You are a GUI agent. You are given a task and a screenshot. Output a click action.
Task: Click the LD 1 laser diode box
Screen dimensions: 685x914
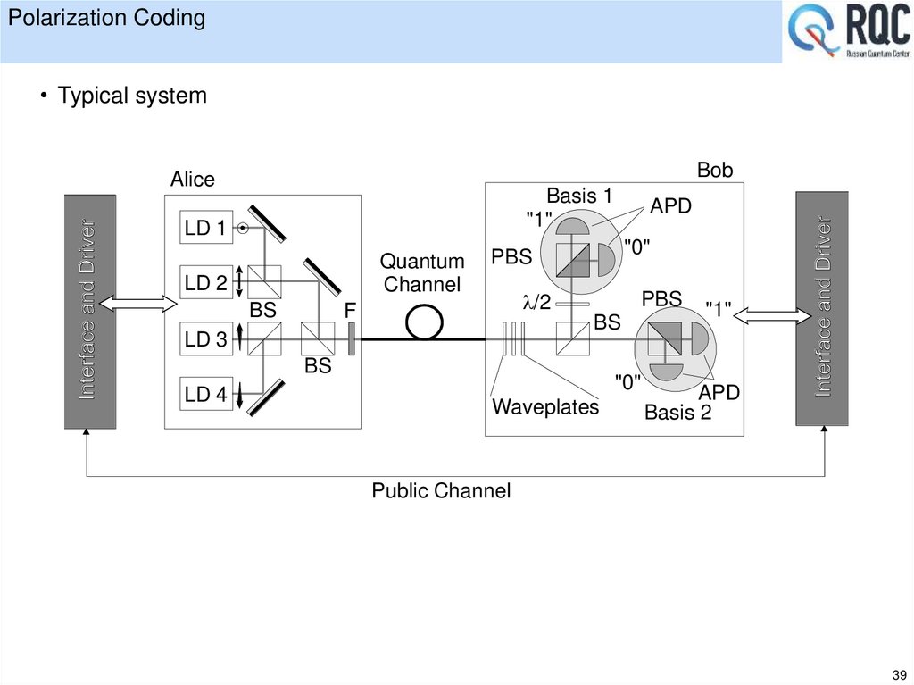pyautogui.click(x=205, y=229)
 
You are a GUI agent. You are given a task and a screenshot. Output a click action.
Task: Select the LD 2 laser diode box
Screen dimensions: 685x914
pyautogui.click(x=205, y=284)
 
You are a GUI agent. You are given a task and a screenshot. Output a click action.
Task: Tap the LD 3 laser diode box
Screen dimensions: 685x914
pyautogui.click(x=205, y=339)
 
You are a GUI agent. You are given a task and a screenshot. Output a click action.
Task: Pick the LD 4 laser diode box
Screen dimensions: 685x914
pyautogui.click(x=205, y=395)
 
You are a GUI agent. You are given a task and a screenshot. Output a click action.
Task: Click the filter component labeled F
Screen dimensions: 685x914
pyautogui.click(x=351, y=339)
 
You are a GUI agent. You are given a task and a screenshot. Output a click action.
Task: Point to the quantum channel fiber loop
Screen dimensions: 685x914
pyautogui.click(x=424, y=323)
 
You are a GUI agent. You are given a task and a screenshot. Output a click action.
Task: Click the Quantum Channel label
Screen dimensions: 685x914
pyautogui.click(x=422, y=273)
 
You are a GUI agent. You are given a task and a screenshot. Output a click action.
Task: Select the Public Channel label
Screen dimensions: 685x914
pyautogui.click(x=441, y=490)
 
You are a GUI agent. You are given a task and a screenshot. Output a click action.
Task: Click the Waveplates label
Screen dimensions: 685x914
pyautogui.click(x=545, y=407)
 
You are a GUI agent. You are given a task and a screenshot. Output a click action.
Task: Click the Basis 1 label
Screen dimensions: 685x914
pyautogui.click(x=578, y=196)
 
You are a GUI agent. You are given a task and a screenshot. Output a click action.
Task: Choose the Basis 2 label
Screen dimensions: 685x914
pyautogui.click(x=677, y=413)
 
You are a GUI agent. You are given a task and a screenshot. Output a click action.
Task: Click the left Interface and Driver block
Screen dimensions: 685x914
pyautogui.click(x=89, y=311)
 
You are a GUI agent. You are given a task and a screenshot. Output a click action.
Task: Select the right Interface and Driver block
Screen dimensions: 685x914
pyautogui.click(x=821, y=308)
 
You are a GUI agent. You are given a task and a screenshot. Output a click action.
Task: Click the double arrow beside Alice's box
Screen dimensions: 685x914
pyautogui.click(x=140, y=304)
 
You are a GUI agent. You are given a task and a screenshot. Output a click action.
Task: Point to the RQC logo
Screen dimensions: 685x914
pyautogui.click(x=847, y=34)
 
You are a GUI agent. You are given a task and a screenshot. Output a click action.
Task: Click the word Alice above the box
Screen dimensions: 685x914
pyautogui.click(x=193, y=180)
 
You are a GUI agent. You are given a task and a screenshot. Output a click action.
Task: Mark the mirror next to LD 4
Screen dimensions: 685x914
pyautogui.click(x=268, y=397)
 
